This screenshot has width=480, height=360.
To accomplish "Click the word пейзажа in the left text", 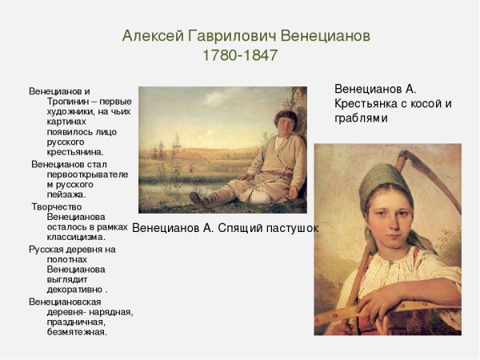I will pos(69,194).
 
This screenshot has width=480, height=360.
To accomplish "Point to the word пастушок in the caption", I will pos(290,228).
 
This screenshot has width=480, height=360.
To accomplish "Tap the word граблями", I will pos(361,118).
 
